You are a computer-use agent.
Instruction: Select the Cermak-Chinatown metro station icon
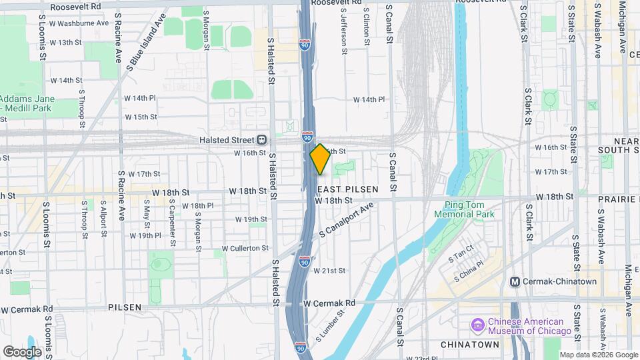coord(515,281)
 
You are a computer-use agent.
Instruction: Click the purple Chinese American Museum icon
coord(477,325)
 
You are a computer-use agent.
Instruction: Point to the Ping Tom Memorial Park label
coord(474,209)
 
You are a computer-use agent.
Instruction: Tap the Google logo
coord(22,351)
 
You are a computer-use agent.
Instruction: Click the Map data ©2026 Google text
coord(598,355)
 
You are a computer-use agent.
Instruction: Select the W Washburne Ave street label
coord(83,23)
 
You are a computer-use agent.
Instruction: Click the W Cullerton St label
coord(245,248)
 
